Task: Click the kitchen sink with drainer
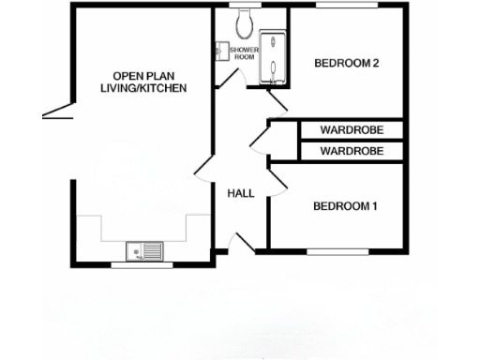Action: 144,251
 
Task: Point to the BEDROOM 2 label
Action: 346,64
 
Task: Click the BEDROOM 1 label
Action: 345,206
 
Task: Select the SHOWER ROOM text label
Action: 244,53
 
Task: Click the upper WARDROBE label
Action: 351,130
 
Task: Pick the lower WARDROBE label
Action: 351,150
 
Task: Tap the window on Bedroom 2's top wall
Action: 347,6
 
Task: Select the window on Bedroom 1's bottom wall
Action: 339,251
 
